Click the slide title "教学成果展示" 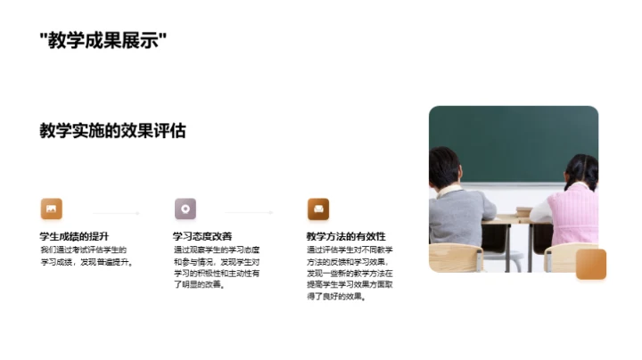click(x=103, y=40)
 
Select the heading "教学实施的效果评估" click(x=112, y=130)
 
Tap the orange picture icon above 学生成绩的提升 click(x=51, y=209)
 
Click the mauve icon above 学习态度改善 click(x=185, y=209)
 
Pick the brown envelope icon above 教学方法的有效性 click(x=318, y=209)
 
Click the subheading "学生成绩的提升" click(x=74, y=236)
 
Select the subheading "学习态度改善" click(x=202, y=236)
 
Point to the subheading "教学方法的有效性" click(x=345, y=236)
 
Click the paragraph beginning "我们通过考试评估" click(x=84, y=256)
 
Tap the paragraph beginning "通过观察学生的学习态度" click(x=216, y=267)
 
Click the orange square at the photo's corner click(x=590, y=264)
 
